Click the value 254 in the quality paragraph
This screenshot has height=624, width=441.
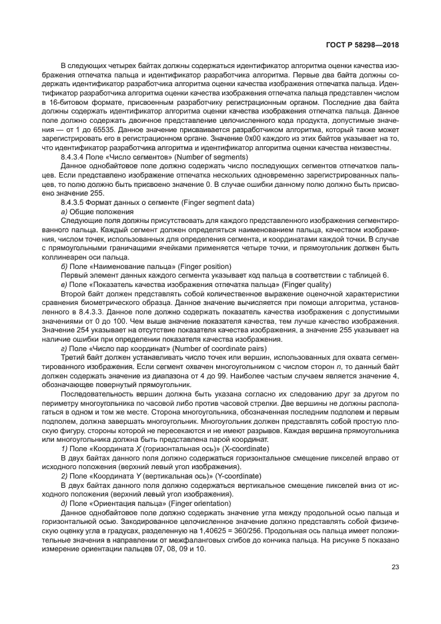coord(91,329)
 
